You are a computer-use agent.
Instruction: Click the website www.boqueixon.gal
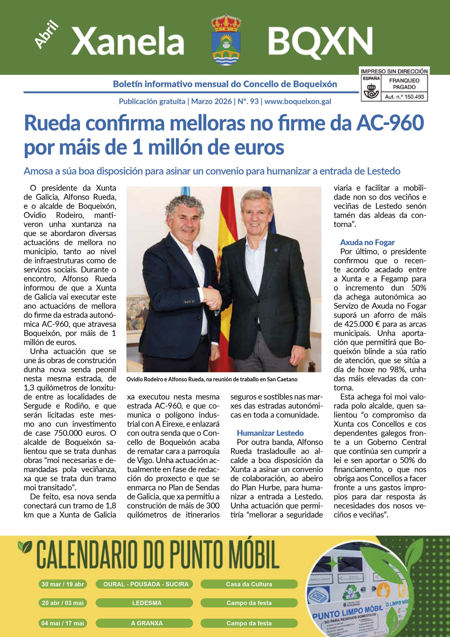(298, 102)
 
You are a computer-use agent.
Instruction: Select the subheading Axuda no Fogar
(367, 242)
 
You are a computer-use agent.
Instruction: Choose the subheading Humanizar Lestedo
(270, 433)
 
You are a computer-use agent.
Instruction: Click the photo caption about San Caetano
(212, 379)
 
